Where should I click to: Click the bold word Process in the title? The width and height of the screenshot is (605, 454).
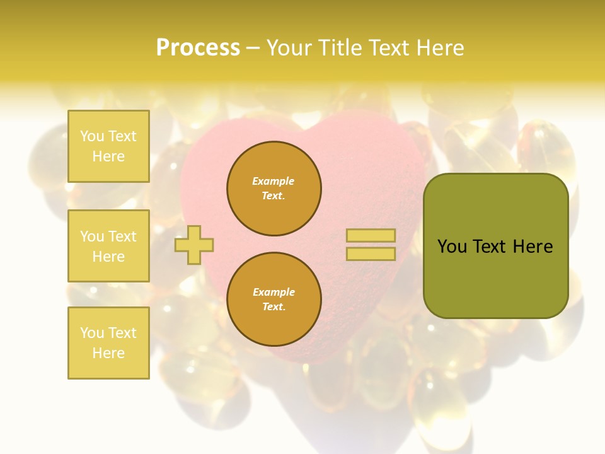pyautogui.click(x=198, y=48)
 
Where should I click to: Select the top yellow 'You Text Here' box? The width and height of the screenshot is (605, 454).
pyautogui.click(x=108, y=146)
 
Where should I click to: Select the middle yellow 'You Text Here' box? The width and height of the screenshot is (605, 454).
pyautogui.click(x=108, y=246)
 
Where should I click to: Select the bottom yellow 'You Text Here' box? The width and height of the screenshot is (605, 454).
pyautogui.click(x=108, y=342)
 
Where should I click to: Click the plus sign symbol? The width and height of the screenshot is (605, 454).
pyautogui.click(x=194, y=244)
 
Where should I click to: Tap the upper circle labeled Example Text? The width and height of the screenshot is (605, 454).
pyautogui.click(x=274, y=189)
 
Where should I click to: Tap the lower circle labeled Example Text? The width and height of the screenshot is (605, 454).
pyautogui.click(x=274, y=299)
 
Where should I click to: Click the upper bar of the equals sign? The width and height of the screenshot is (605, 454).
pyautogui.click(x=371, y=236)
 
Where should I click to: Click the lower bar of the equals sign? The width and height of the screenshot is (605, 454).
pyautogui.click(x=371, y=253)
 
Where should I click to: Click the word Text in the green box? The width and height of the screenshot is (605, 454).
pyautogui.click(x=490, y=247)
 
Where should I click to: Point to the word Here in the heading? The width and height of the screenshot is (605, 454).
pyautogui.click(x=440, y=48)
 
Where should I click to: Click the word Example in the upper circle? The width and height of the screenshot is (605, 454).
pyautogui.click(x=273, y=181)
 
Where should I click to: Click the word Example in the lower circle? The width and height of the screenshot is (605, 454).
pyautogui.click(x=273, y=292)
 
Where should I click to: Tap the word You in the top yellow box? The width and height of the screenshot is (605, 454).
pyautogui.click(x=92, y=136)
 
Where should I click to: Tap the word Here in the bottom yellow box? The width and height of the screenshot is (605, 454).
pyautogui.click(x=108, y=353)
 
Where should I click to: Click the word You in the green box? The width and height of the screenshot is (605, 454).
pyautogui.click(x=451, y=247)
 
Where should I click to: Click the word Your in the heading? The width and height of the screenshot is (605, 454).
pyautogui.click(x=291, y=48)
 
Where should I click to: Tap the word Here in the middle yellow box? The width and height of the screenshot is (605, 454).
pyautogui.click(x=108, y=257)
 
